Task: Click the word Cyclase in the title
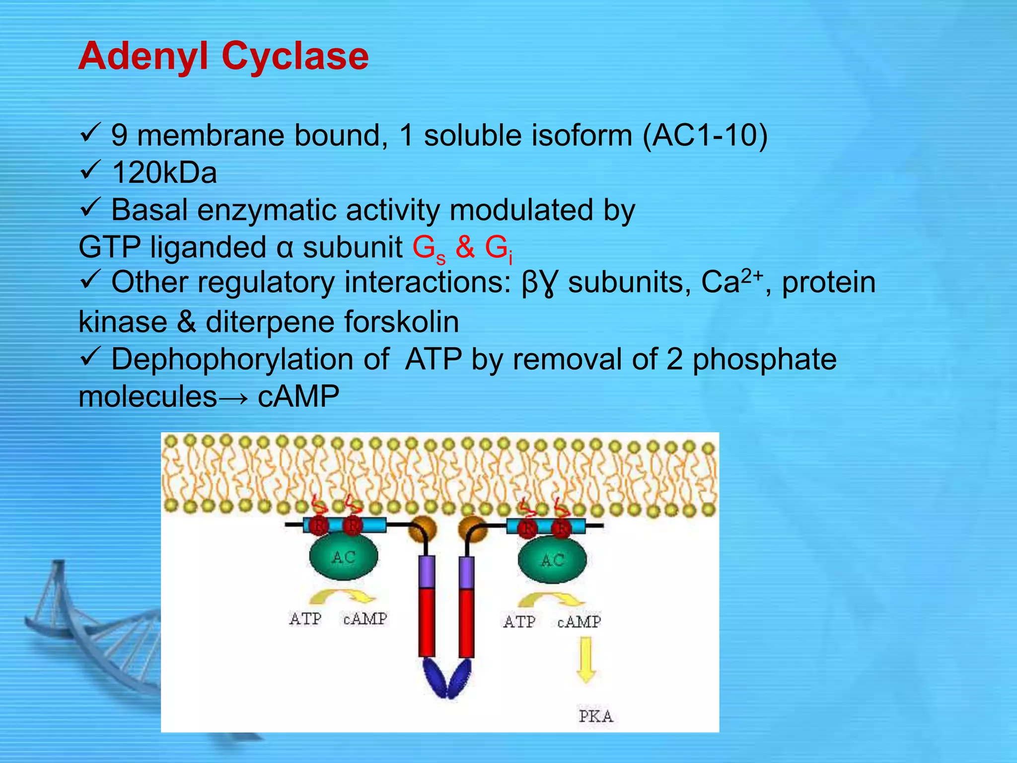[x=295, y=56]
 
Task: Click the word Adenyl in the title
[x=144, y=56]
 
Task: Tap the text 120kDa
[x=164, y=173]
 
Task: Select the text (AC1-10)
[x=705, y=135]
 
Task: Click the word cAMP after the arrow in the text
[x=298, y=396]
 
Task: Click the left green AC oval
[x=343, y=557]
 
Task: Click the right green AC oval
[x=552, y=560]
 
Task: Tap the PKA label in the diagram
[x=595, y=716]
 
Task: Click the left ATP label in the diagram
[x=305, y=619]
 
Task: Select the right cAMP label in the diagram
[x=579, y=621]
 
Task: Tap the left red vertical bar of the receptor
[x=427, y=622]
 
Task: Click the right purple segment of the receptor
[x=466, y=572]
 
